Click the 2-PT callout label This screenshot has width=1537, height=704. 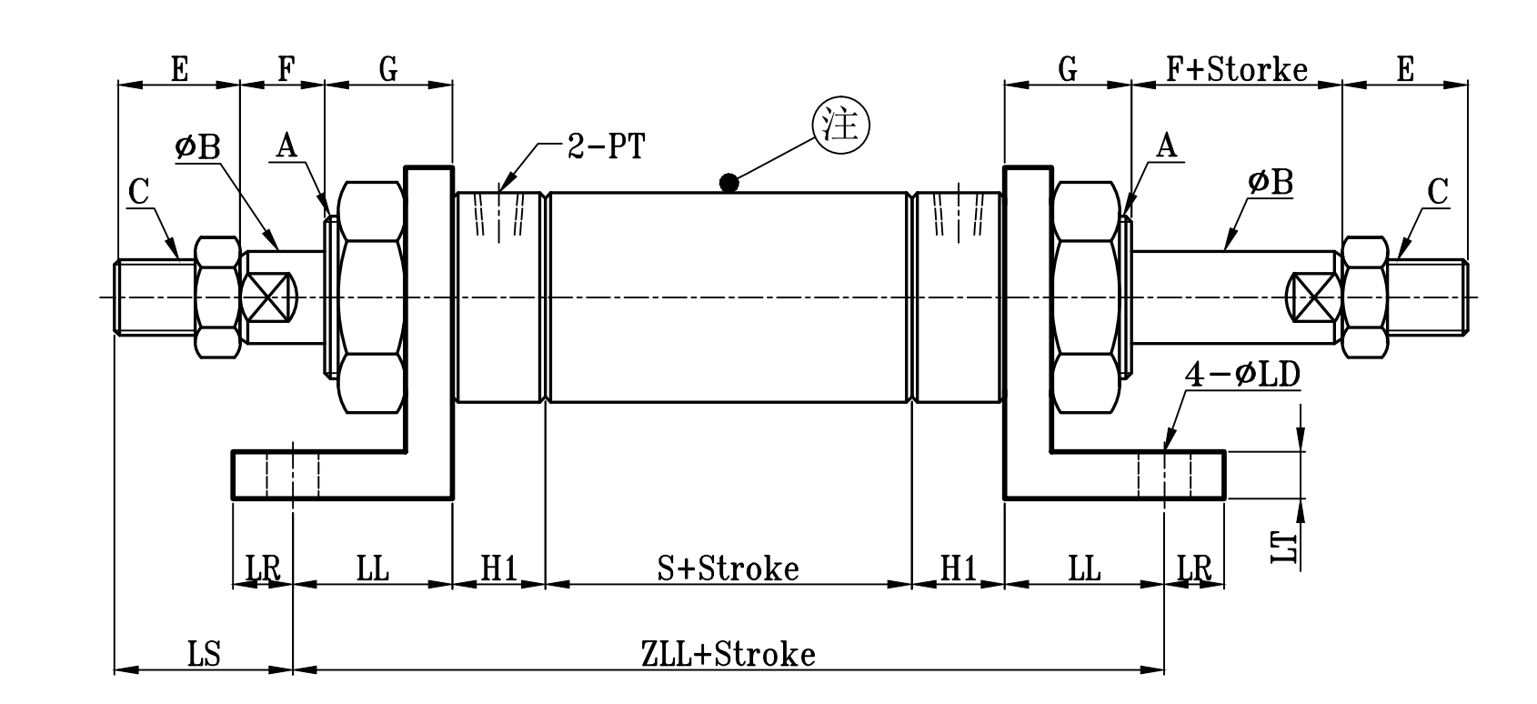606,146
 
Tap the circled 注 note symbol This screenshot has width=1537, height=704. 839,126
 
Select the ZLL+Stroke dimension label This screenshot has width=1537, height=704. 728,654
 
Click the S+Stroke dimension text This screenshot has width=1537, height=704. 728,568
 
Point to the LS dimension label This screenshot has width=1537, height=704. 204,654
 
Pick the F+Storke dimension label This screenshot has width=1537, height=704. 1236,69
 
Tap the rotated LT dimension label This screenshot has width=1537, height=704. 1284,547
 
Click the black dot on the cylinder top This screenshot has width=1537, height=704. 728,183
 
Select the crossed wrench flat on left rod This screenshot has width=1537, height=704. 271,297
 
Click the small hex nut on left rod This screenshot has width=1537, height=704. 217,297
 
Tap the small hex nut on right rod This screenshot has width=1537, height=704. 1365,297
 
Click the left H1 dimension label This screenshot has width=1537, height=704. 498,568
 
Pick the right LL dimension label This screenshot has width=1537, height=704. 1083,568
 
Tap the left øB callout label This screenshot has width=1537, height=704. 197,146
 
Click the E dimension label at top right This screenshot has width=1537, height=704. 1405,69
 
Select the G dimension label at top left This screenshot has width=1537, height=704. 387,69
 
